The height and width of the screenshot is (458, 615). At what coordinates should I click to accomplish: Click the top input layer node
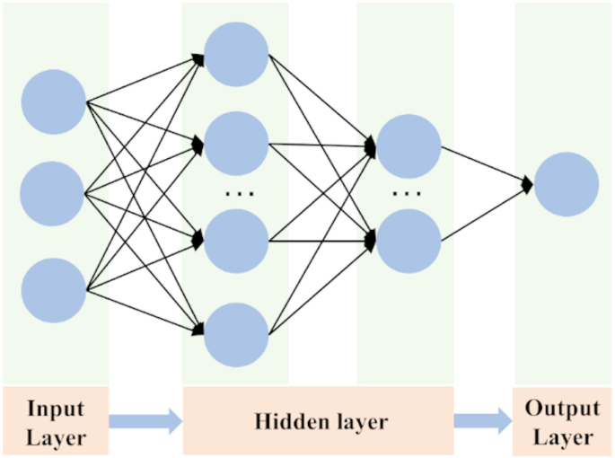coord(54,101)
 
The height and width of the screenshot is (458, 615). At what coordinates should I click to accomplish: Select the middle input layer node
coord(52,192)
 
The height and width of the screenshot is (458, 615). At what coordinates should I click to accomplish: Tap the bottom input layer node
coord(54,289)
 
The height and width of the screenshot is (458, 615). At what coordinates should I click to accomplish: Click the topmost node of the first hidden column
coord(236,52)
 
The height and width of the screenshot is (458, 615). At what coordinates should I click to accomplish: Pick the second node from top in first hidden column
coord(236,143)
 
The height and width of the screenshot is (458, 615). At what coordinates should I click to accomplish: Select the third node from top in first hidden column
coord(236,240)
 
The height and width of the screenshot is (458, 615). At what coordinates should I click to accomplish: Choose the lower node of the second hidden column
coord(409,240)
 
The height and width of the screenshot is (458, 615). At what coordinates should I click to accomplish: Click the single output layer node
coord(567,184)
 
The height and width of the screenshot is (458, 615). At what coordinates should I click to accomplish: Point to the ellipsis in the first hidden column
coord(239,192)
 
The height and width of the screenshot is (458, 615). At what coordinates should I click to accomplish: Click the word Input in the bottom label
coord(56,409)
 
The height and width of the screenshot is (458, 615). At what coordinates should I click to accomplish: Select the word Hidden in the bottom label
coord(289,421)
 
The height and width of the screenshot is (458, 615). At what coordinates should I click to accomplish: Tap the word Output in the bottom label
coord(563,409)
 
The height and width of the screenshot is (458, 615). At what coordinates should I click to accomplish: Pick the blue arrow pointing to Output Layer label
coord(479,420)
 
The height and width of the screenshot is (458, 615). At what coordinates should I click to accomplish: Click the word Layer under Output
coord(563,437)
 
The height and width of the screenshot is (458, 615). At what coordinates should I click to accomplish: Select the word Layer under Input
coord(56,437)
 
